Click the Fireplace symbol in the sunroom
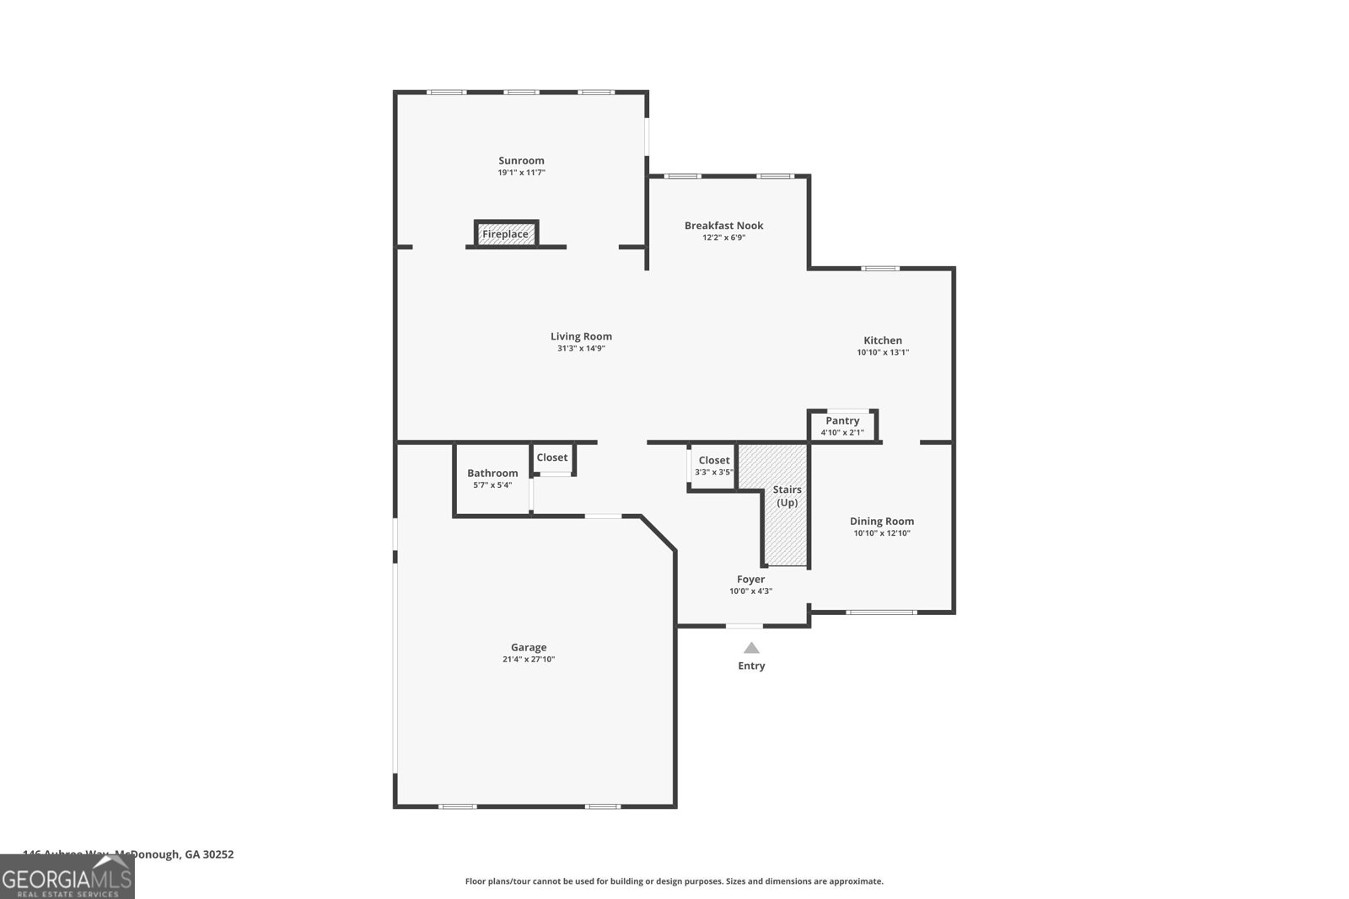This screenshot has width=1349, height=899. [x=506, y=233]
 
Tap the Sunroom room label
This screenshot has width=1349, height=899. [x=521, y=161]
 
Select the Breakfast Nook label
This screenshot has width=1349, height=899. [x=723, y=226]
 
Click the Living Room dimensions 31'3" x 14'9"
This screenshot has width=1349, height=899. [x=581, y=348]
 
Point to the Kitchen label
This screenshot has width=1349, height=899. [x=883, y=340]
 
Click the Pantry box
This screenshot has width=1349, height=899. [x=842, y=425]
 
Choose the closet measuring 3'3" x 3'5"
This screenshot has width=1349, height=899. [x=713, y=466]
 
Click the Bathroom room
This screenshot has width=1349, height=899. [x=492, y=479]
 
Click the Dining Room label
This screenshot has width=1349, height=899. [x=882, y=522]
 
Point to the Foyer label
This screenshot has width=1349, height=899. [x=750, y=580]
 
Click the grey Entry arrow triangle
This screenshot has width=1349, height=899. [x=751, y=648]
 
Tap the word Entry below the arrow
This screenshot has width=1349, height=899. [x=751, y=666]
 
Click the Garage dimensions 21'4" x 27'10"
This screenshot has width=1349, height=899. [x=529, y=660]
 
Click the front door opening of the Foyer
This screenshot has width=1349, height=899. [x=744, y=626]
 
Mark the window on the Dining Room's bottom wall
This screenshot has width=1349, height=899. [x=880, y=612]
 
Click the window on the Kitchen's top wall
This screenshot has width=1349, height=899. [x=880, y=269]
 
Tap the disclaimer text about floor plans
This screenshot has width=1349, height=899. [x=674, y=881]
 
